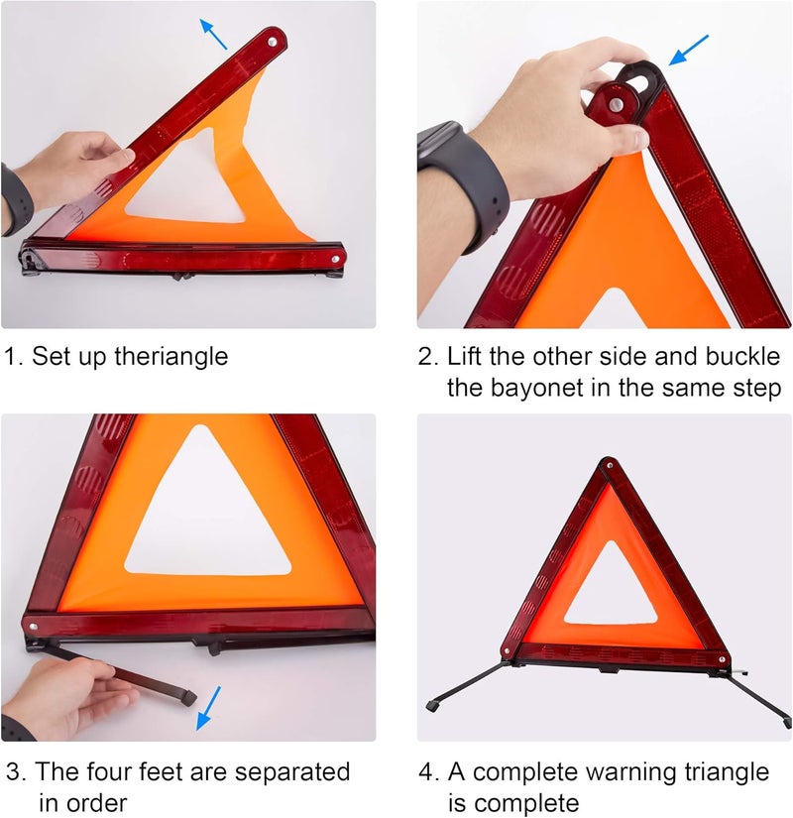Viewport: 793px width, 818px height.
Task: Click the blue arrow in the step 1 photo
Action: [x=212, y=34]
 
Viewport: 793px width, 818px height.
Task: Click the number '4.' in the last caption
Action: [x=430, y=771]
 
